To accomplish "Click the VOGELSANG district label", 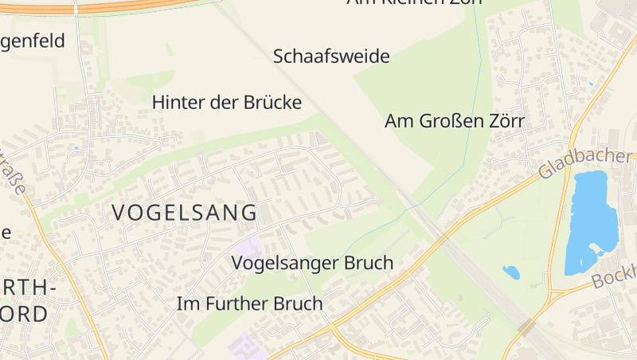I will tap(185, 213).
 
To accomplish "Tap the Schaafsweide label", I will tap(331, 57).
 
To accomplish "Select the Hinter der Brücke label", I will tap(227, 103).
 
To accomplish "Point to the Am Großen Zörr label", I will tap(455, 122).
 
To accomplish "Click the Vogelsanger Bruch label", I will tap(312, 263).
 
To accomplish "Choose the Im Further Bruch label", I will tap(249, 303).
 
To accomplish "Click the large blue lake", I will tap(591, 219).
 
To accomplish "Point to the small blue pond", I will tap(511, 272).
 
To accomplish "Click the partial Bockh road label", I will tap(615, 276).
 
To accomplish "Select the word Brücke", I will tap(271, 103).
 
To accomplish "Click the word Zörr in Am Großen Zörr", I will tap(505, 122).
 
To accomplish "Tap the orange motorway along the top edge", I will tap(119, 6).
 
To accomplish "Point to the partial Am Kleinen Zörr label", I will tap(414, 2).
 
